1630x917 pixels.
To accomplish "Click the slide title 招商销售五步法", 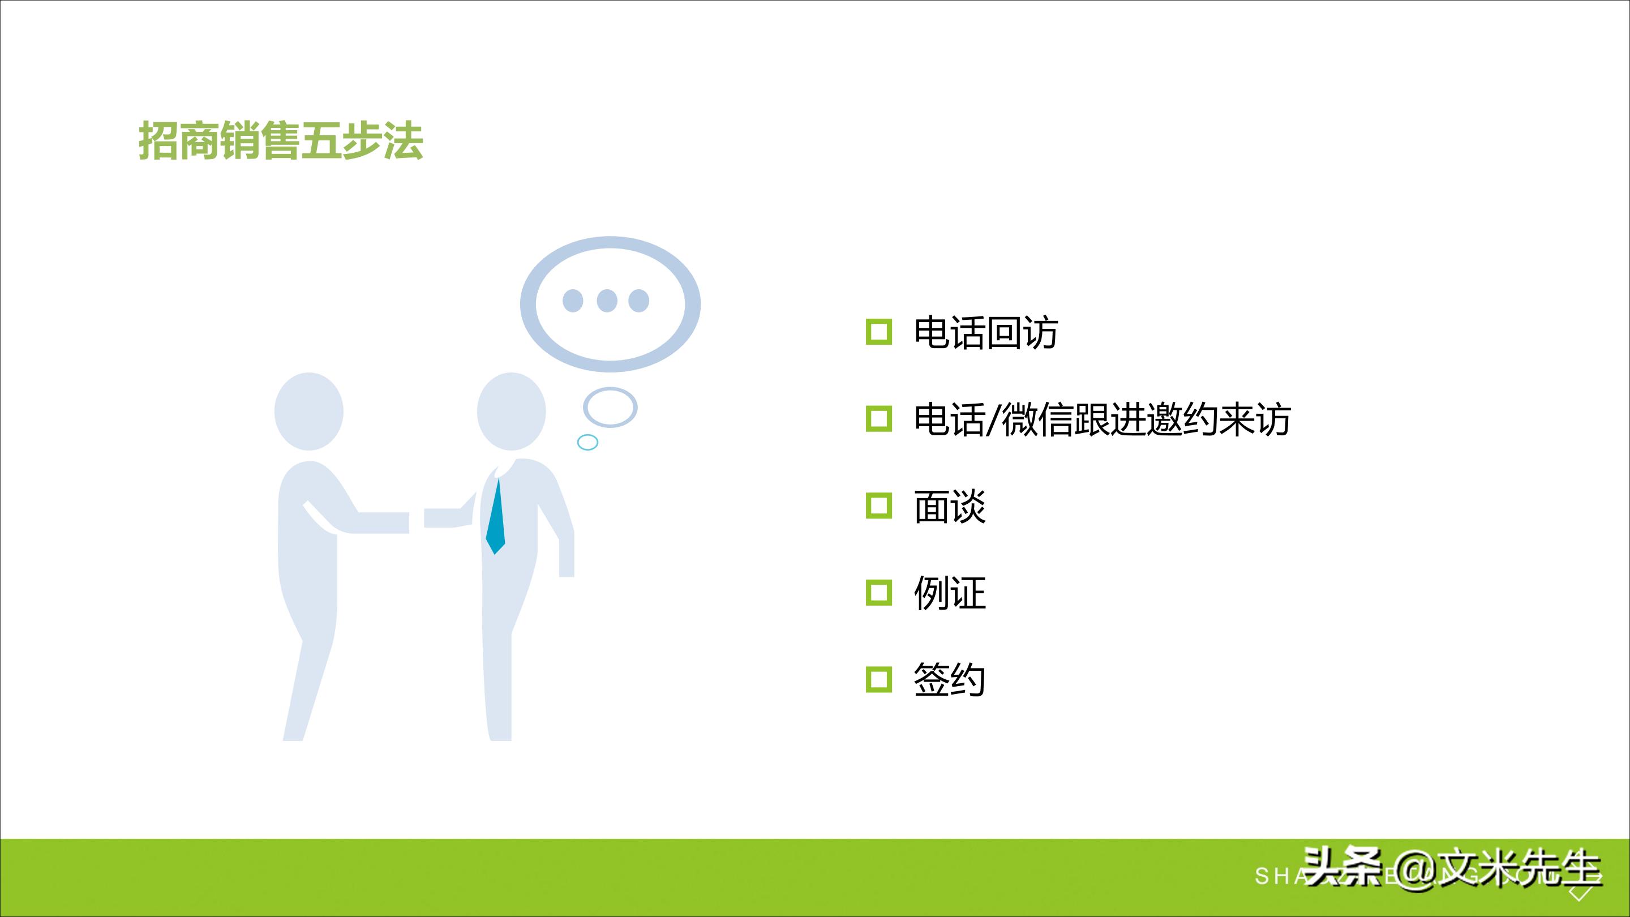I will (x=280, y=140).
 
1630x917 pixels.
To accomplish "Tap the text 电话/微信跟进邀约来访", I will (x=1101, y=419).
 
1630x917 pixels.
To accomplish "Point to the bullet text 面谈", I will (x=949, y=506).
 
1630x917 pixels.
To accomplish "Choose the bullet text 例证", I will (x=949, y=593).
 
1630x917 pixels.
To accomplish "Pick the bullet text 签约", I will (x=949, y=680).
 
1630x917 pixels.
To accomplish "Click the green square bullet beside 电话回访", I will (x=878, y=332).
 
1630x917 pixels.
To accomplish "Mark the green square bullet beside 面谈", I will (x=878, y=506).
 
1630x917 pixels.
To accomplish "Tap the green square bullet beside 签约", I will (x=878, y=680).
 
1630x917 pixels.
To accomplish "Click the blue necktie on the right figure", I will (x=496, y=519).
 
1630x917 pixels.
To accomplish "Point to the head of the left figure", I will (x=309, y=412).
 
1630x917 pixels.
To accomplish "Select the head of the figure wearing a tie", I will (x=511, y=412).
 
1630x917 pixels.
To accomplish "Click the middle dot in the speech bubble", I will (x=607, y=300).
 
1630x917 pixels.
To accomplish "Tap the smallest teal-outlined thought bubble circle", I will (x=588, y=442).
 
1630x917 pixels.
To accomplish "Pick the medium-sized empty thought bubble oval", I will (x=610, y=407).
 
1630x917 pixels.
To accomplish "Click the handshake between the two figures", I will (x=417, y=520).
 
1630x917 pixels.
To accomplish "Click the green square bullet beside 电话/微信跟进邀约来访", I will (x=878, y=419).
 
